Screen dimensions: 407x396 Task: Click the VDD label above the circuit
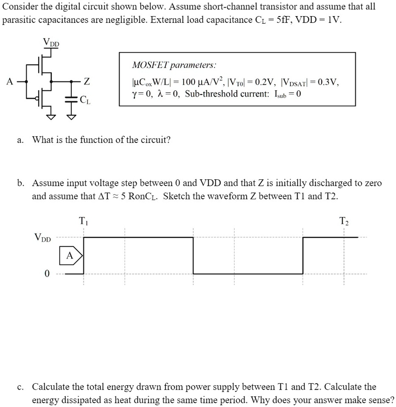tap(51, 43)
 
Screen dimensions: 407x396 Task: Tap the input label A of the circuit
tap(9, 81)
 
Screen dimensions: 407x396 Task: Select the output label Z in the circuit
tap(86, 81)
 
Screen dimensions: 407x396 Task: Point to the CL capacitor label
tap(85, 100)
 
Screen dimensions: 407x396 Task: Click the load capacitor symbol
tap(71, 98)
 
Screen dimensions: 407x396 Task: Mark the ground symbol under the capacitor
tap(71, 117)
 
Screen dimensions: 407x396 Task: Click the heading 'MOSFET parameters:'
tap(173, 65)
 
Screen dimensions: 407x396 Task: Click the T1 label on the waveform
tap(83, 221)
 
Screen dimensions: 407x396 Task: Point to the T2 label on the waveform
tap(343, 221)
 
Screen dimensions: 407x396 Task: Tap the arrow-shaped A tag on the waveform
tap(70, 256)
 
